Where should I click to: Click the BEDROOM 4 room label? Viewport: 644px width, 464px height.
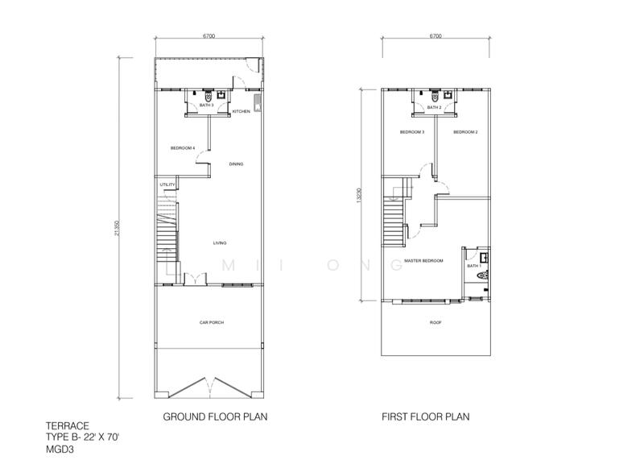pyautogui.click(x=183, y=148)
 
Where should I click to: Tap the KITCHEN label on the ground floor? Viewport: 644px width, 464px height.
pyautogui.click(x=242, y=112)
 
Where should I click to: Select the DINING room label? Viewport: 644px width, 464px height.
pyautogui.click(x=236, y=164)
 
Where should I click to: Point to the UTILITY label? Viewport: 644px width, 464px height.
pyautogui.click(x=167, y=185)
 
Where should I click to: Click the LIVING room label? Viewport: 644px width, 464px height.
pyautogui.click(x=219, y=242)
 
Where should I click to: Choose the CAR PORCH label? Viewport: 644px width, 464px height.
pyautogui.click(x=212, y=322)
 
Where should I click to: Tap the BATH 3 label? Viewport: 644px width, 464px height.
pyautogui.click(x=206, y=106)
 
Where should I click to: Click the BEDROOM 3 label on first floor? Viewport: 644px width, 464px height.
pyautogui.click(x=412, y=132)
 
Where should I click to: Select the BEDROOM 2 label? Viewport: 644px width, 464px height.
pyautogui.click(x=465, y=132)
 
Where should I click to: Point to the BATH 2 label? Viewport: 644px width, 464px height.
pyautogui.click(x=435, y=107)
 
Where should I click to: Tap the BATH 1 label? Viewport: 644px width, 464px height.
pyautogui.click(x=473, y=266)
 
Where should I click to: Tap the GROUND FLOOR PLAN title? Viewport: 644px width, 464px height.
pyautogui.click(x=215, y=417)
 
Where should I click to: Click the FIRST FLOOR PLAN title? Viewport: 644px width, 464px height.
pyautogui.click(x=425, y=417)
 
